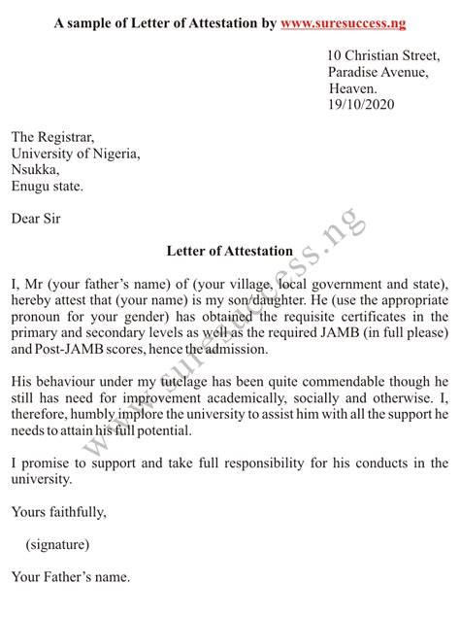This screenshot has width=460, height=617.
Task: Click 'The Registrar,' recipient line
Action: pos(52,138)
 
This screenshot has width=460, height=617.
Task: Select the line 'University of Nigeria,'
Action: pos(76,154)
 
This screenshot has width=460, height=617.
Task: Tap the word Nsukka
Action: pos(35,170)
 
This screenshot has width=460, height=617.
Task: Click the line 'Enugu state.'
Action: pos(48,186)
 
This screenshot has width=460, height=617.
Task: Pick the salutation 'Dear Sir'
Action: pos(36,219)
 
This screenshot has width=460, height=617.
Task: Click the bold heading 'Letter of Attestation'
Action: pos(229,252)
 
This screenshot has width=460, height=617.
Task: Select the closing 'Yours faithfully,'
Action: pos(59,512)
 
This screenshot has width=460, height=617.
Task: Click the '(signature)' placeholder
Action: pos(58,544)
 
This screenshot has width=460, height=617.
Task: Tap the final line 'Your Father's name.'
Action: pos(70,577)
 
